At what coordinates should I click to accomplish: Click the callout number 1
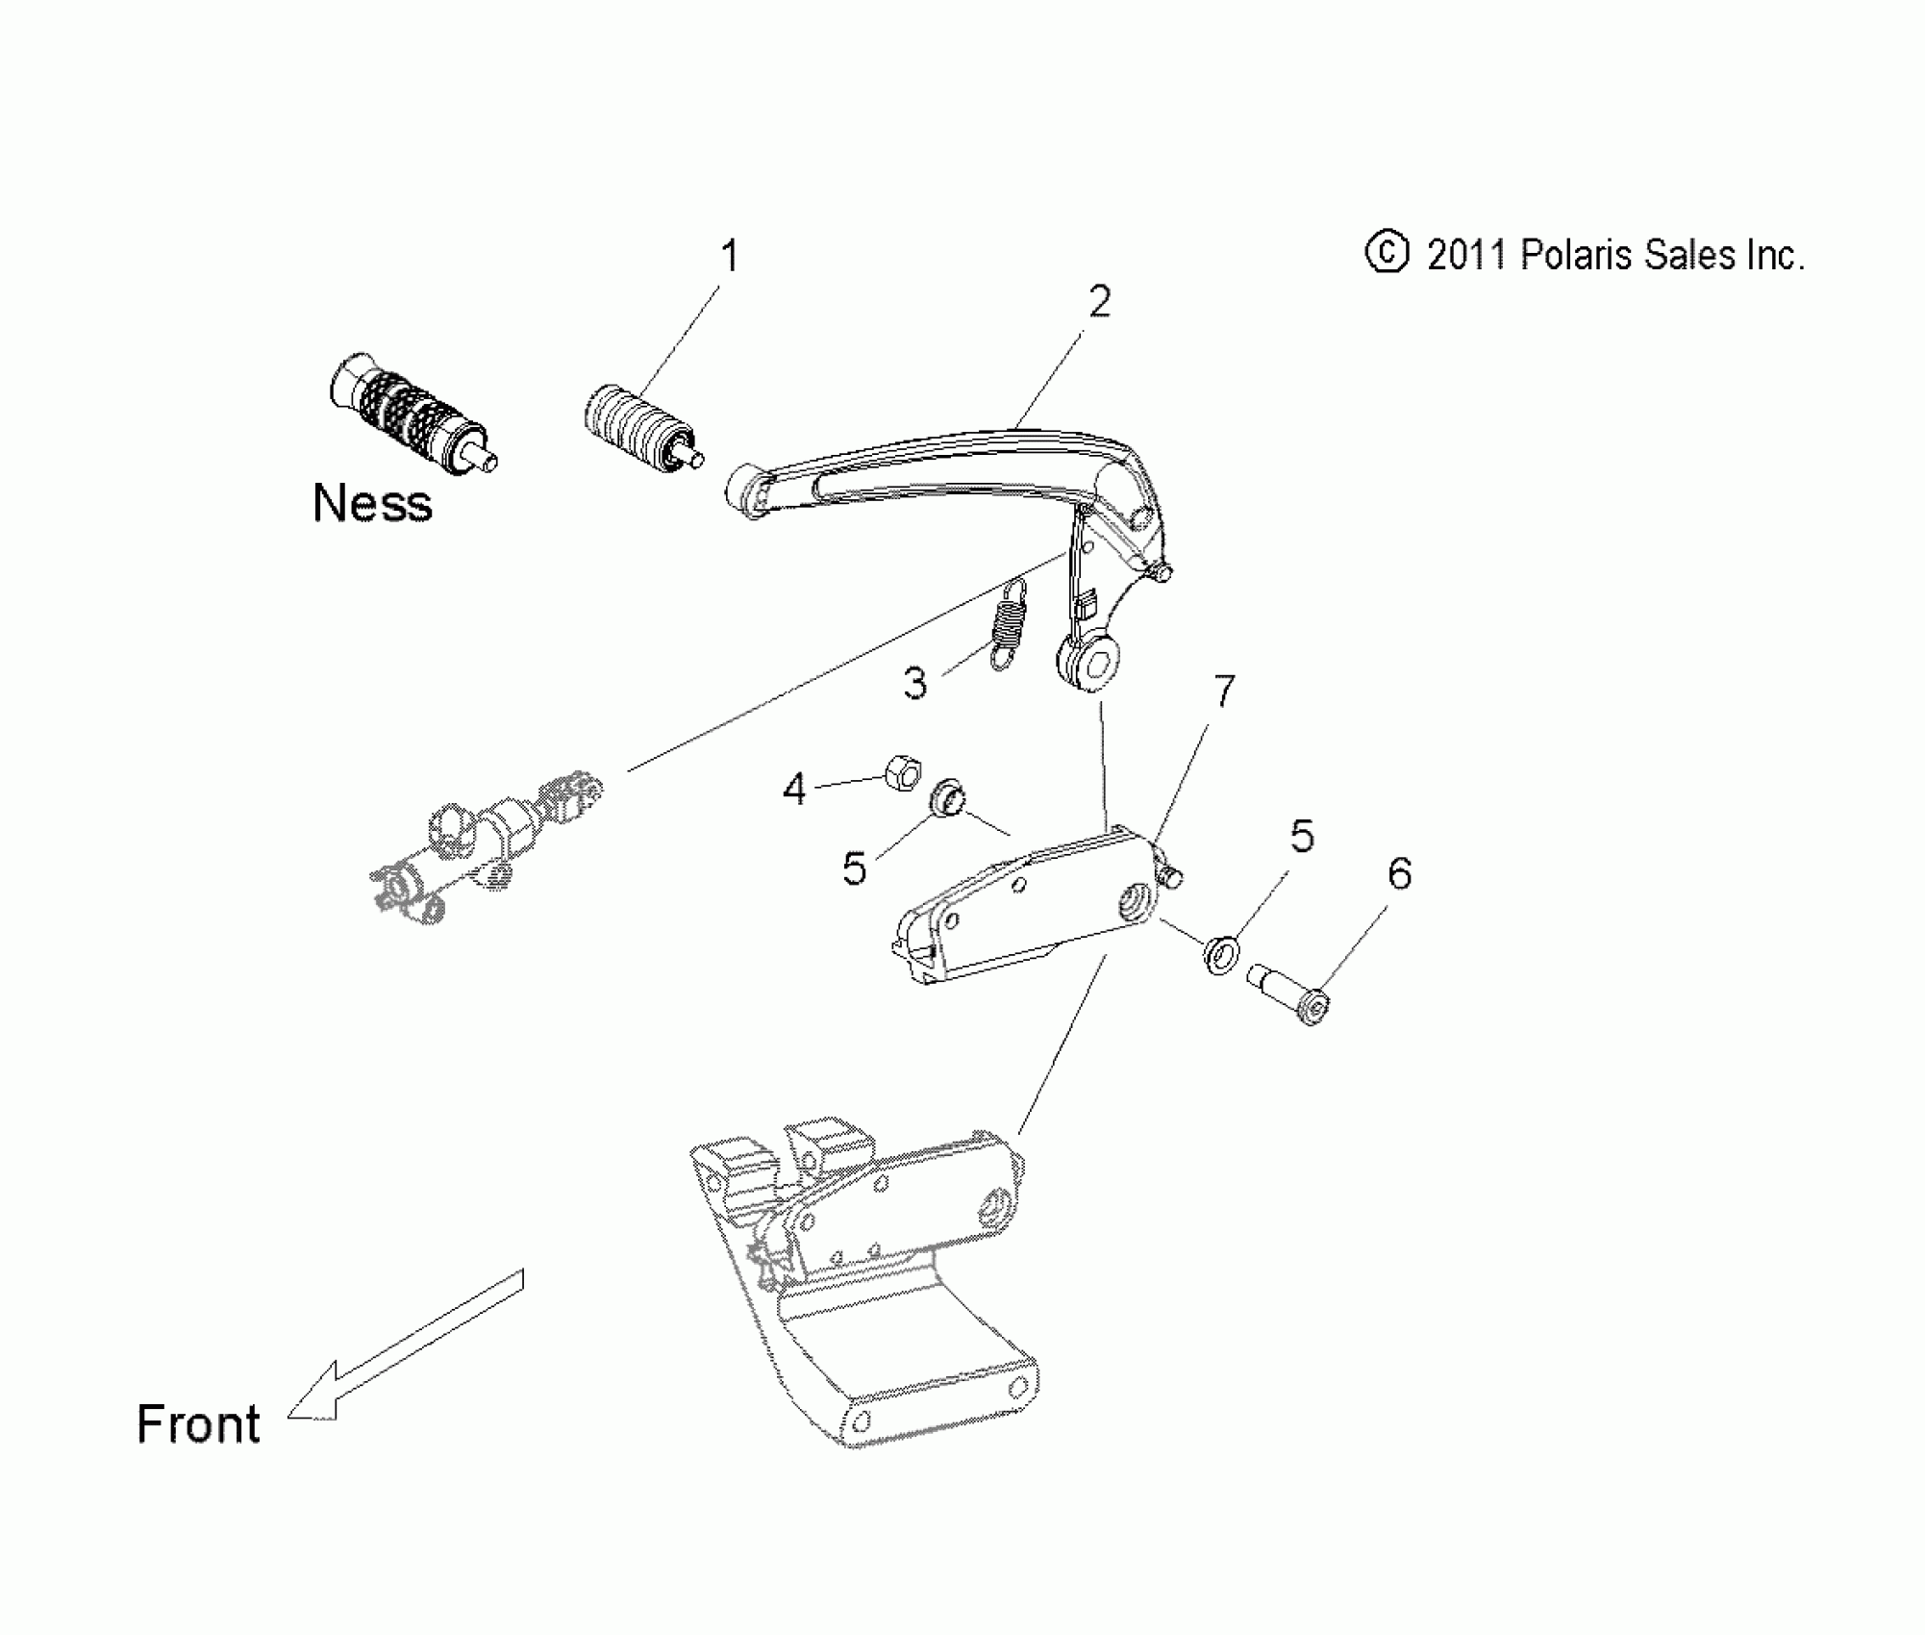pyautogui.click(x=730, y=258)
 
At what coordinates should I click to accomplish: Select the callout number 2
pyautogui.click(x=1099, y=302)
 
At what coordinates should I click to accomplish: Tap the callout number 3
pyautogui.click(x=914, y=684)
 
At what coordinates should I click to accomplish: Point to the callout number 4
pyautogui.click(x=793, y=790)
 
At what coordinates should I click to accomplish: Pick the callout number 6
pyautogui.click(x=1399, y=874)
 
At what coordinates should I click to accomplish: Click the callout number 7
pyautogui.click(x=1223, y=692)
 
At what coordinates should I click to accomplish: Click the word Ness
pyautogui.click(x=372, y=503)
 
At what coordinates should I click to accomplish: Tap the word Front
pyautogui.click(x=198, y=1424)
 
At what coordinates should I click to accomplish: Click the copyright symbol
pyautogui.click(x=1386, y=254)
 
